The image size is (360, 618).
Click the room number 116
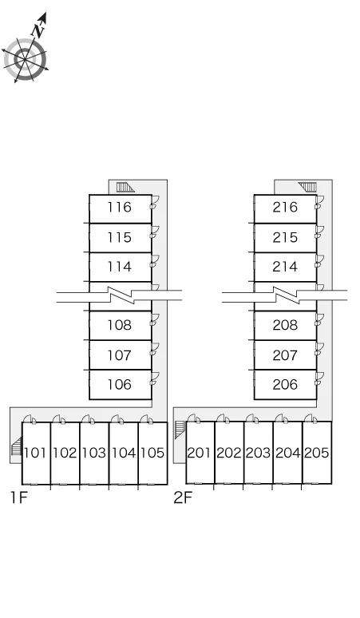[x=120, y=207]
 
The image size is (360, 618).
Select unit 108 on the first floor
[x=120, y=325]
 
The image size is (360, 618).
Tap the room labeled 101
[x=35, y=453]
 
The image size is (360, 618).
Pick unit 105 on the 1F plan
[x=152, y=453]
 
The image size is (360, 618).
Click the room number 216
[x=285, y=207]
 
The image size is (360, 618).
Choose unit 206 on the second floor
[x=285, y=384]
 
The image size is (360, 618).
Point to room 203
[x=259, y=453]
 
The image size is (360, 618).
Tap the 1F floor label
[x=19, y=497]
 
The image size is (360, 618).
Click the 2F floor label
[x=183, y=497]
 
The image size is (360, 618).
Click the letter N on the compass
[x=38, y=30]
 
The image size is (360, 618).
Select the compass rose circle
[x=26, y=60]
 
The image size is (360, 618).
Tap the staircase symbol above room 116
[x=125, y=187]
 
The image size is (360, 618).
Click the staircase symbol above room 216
[x=307, y=187]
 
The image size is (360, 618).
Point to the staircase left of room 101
[x=16, y=446]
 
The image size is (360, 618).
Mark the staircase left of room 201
[x=180, y=430]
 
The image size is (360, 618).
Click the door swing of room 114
[x=154, y=261]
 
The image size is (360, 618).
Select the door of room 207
[x=319, y=349]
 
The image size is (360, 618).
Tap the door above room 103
[x=88, y=419]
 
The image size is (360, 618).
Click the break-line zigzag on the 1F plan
[x=120, y=295]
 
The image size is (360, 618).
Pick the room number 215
[x=285, y=237]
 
